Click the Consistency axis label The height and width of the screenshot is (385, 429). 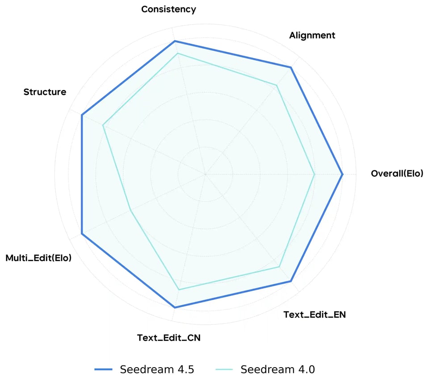168,9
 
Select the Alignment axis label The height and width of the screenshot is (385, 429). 312,35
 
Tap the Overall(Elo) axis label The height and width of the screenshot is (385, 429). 396,174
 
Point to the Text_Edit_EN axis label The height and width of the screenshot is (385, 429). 315,315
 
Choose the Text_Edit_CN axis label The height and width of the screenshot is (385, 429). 169,338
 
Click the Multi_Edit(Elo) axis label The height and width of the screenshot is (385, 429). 38,258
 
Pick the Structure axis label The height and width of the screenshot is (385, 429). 45,92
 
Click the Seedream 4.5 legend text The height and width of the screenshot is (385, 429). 157,369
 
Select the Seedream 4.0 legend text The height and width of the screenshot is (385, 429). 278,369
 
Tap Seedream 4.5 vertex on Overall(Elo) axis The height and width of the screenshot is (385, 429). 342,174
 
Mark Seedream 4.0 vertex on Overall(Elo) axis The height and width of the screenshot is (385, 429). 315,174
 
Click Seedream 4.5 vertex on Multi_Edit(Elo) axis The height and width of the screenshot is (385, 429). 82,234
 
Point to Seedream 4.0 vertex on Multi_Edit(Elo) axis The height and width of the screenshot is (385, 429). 130,210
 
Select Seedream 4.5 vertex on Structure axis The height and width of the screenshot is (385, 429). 82,115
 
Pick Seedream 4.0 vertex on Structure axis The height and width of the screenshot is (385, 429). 103,125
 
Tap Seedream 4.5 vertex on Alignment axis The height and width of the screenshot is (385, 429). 291,67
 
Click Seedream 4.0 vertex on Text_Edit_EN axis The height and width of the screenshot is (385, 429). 280,267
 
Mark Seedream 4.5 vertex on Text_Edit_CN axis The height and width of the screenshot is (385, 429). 175,307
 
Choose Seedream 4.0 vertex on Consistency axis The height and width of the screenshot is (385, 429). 177,54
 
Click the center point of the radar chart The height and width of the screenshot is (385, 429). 205,174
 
